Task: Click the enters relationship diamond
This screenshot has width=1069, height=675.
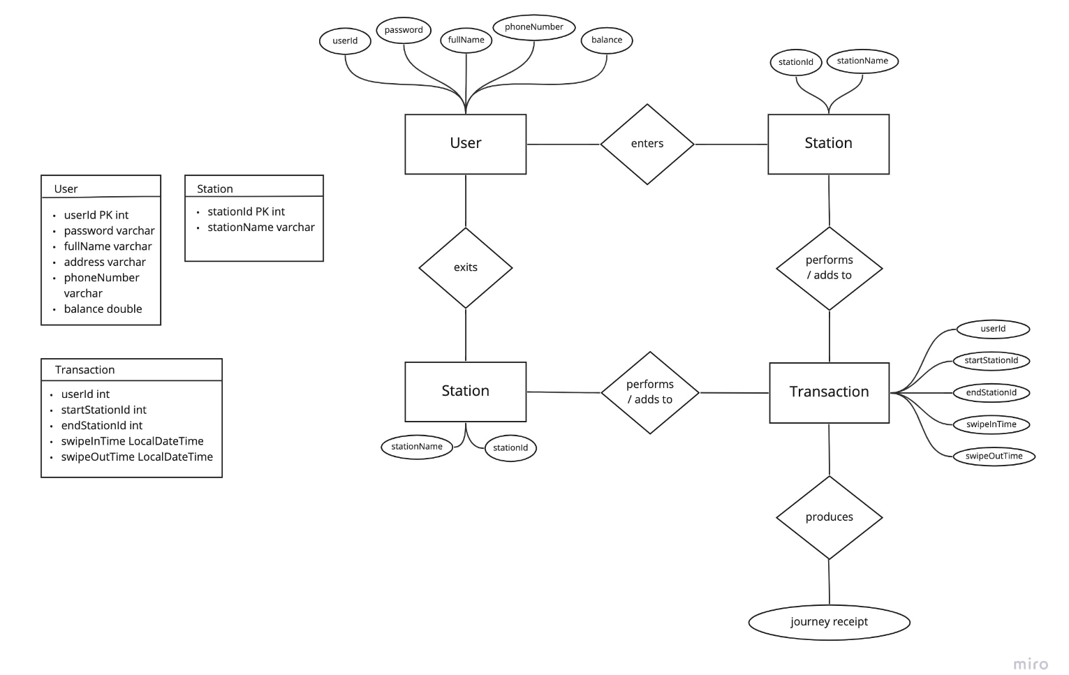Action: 647,144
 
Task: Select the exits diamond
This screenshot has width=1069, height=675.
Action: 466,267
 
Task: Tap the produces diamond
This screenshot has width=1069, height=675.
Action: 829,517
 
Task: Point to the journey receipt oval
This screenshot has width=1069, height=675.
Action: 829,622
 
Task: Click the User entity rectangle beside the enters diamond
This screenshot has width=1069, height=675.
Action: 466,144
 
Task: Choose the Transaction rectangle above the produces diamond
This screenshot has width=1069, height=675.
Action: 829,392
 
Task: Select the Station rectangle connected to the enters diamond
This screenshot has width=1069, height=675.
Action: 828,144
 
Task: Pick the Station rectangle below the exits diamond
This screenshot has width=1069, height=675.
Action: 466,392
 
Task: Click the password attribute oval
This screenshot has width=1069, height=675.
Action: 404,30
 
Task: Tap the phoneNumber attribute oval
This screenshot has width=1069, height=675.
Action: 534,27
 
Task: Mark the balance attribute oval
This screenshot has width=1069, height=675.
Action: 607,40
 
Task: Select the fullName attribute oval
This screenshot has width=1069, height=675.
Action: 466,40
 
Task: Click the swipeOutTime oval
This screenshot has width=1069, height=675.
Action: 994,457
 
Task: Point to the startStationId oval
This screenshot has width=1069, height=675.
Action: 991,361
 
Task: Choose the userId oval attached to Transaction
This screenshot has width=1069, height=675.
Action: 992,329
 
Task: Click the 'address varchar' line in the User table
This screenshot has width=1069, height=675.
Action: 105,262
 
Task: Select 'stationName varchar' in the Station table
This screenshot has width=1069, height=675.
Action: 260,228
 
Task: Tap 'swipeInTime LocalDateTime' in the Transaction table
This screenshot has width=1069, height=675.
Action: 132,441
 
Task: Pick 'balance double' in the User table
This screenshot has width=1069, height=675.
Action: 103,309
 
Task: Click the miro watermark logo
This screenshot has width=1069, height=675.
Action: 1031,663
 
